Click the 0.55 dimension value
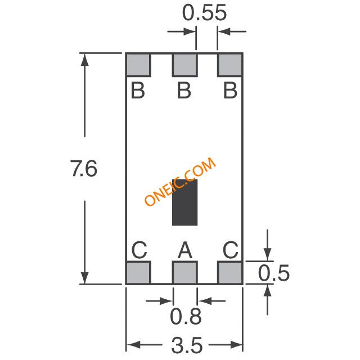[204, 13]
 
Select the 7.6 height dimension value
[84, 169]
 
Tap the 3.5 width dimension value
[187, 345]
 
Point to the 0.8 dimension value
[186, 316]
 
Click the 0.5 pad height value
[274, 273]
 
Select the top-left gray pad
[138, 65]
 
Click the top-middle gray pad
[185, 65]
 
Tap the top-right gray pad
[230, 65]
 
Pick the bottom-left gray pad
[138, 272]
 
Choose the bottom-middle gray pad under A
[185, 272]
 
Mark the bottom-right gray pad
[230, 272]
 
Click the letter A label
[185, 250]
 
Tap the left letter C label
[139, 250]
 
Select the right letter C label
[231, 250]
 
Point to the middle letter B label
[184, 91]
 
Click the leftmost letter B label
[138, 91]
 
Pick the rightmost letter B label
[230, 91]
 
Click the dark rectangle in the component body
[185, 202]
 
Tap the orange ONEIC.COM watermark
[180, 181]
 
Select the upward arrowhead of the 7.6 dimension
[85, 60]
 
